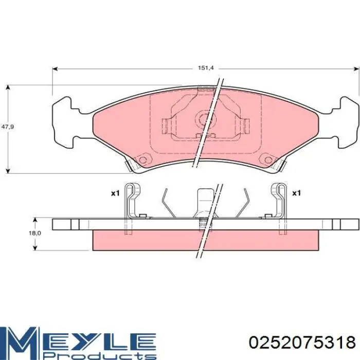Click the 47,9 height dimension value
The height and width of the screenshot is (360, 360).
(8, 127)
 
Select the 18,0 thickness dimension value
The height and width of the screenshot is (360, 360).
(35, 233)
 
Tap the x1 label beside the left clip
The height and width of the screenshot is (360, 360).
(115, 193)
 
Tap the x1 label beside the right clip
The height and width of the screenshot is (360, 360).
(296, 193)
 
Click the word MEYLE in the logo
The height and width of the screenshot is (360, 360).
(78, 338)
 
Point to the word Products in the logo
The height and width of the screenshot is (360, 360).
(100, 355)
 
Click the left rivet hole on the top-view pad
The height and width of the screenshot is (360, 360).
(142, 159)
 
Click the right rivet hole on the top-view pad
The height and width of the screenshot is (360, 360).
(268, 159)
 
